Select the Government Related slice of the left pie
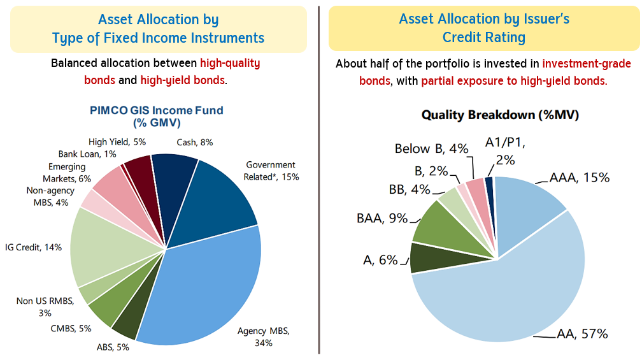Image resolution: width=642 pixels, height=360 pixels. [x=223, y=198]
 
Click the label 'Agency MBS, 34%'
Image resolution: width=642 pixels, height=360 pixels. [x=263, y=337]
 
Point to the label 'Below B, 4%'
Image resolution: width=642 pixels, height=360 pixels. [x=431, y=149]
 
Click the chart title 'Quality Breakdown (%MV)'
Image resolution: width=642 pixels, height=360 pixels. [x=500, y=115]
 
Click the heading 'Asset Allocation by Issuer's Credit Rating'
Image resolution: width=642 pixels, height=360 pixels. [x=484, y=28]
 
